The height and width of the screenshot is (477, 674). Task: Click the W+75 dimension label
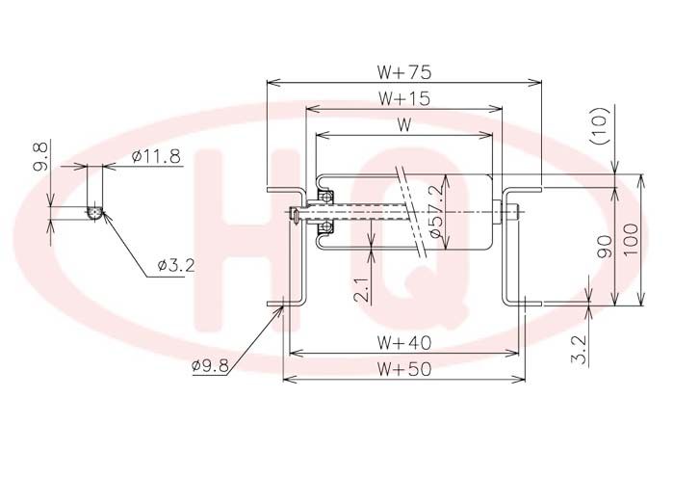coord(403,72)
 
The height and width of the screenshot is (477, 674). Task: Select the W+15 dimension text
coord(403,98)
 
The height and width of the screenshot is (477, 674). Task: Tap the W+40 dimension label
coord(403,343)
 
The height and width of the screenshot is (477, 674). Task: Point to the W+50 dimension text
coord(403,369)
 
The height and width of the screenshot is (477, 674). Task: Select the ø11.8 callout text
coord(156,156)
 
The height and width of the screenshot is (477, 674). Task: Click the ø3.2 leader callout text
coord(176,265)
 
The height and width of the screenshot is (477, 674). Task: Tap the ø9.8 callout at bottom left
coord(210,365)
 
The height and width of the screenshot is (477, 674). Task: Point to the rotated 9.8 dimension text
coord(40,157)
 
